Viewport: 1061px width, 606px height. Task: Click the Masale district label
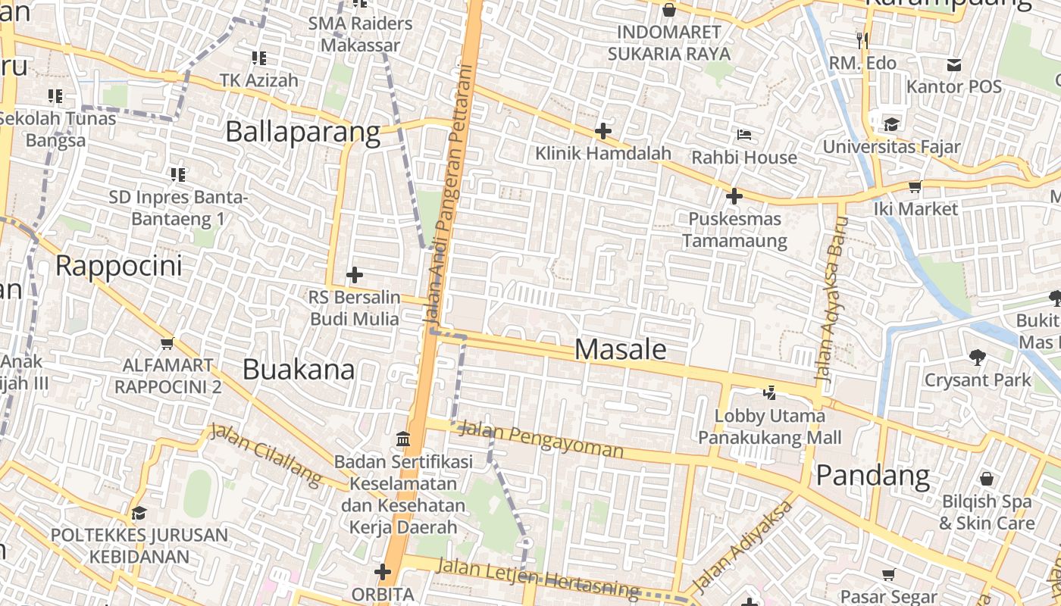point(621,349)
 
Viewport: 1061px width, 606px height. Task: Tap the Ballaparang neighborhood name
point(302,132)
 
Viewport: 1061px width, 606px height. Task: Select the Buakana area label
point(299,370)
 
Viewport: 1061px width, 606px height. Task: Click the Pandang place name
point(873,476)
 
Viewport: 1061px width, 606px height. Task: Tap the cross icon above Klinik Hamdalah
point(603,131)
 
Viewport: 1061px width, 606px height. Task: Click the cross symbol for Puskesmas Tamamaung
point(734,196)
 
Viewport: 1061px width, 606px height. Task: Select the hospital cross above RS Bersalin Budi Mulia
point(354,274)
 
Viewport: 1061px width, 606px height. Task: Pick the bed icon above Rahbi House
point(744,135)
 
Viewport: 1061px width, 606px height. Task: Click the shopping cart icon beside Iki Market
point(915,186)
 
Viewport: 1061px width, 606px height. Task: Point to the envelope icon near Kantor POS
point(953,65)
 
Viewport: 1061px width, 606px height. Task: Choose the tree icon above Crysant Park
point(977,357)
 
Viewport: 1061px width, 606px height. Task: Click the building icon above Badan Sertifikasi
point(403,439)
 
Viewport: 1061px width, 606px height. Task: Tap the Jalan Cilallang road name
point(266,454)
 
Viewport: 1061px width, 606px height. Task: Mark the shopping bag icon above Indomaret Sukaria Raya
point(668,10)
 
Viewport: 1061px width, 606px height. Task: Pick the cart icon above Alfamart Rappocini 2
point(167,343)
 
